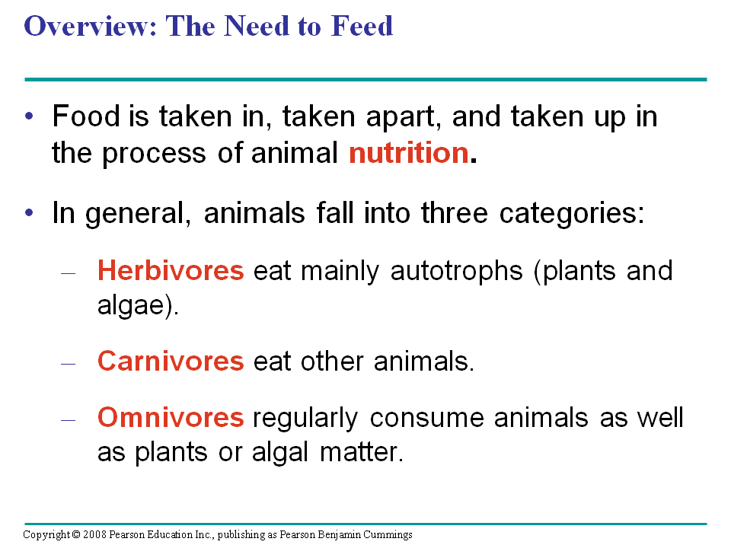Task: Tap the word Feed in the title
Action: tap(362, 26)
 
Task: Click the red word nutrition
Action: tap(408, 154)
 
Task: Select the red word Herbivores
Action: tap(171, 271)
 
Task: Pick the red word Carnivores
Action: tap(171, 361)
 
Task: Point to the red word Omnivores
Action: tap(171, 418)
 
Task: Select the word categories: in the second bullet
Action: tap(573, 213)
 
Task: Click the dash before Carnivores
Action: tap(69, 362)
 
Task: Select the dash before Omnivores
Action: tap(69, 419)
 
